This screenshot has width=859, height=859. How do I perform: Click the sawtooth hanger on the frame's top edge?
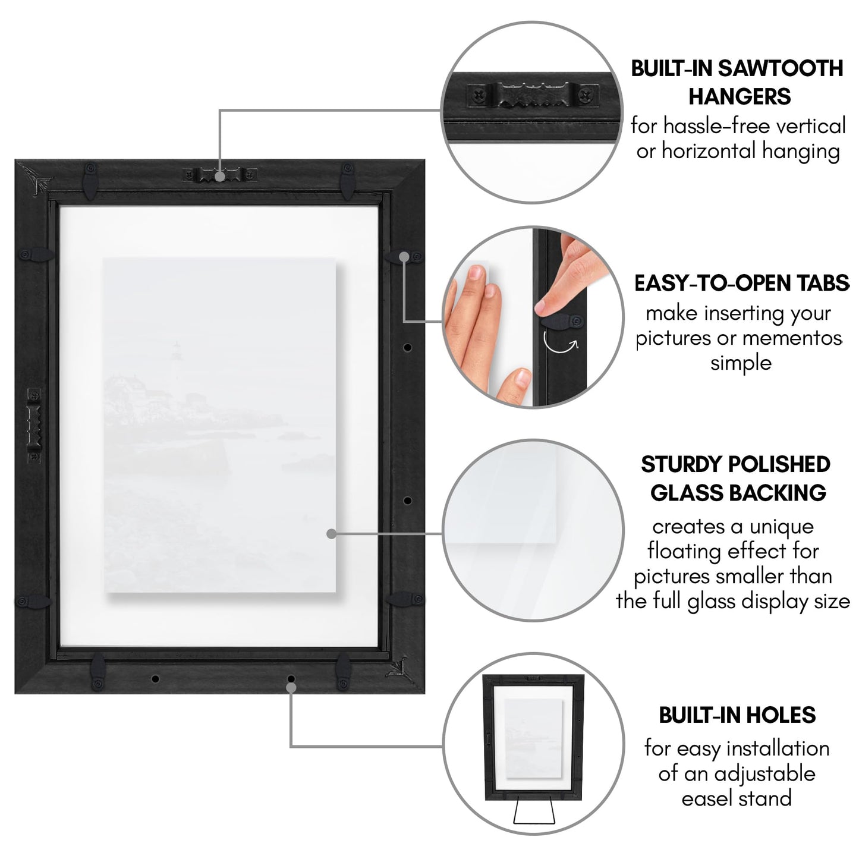click(219, 175)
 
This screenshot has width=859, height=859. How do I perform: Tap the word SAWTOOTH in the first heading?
click(780, 68)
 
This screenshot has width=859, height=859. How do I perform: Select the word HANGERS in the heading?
click(740, 96)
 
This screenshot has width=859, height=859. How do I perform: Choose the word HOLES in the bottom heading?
click(779, 715)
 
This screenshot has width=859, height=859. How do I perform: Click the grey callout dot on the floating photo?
click(332, 534)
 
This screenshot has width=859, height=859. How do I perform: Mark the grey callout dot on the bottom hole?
click(291, 687)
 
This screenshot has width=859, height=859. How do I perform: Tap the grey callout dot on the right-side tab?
click(404, 256)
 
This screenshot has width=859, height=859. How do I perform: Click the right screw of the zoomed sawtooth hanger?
click(587, 93)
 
